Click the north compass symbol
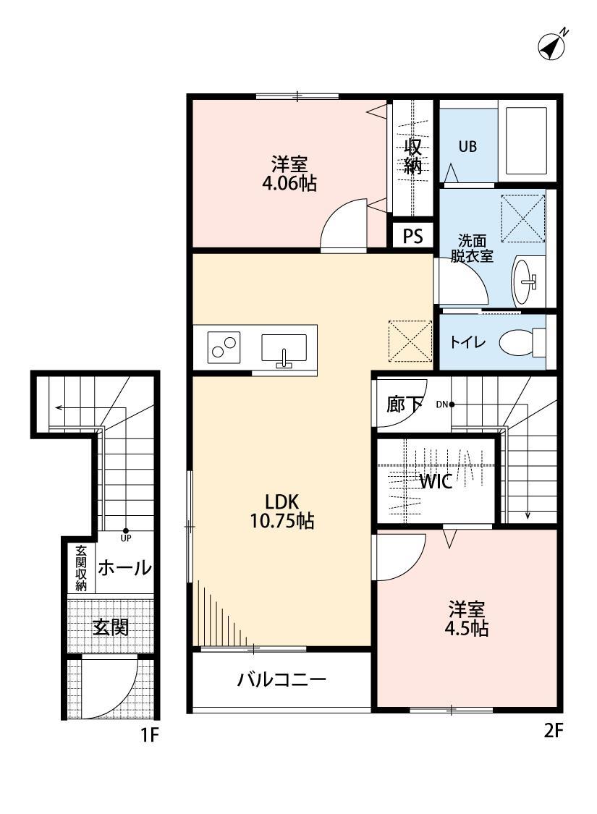tap(552, 46)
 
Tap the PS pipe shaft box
tap(412, 236)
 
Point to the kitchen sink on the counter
tap(284, 348)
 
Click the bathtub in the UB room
tap(528, 142)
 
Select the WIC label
tap(436, 482)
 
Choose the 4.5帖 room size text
tap(466, 629)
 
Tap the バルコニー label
tap(282, 680)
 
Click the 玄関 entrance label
tap(111, 627)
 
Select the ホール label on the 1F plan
tap(124, 568)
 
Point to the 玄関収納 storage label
tap(81, 568)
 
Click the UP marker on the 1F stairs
tap(125, 534)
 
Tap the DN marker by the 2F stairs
tap(444, 404)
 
